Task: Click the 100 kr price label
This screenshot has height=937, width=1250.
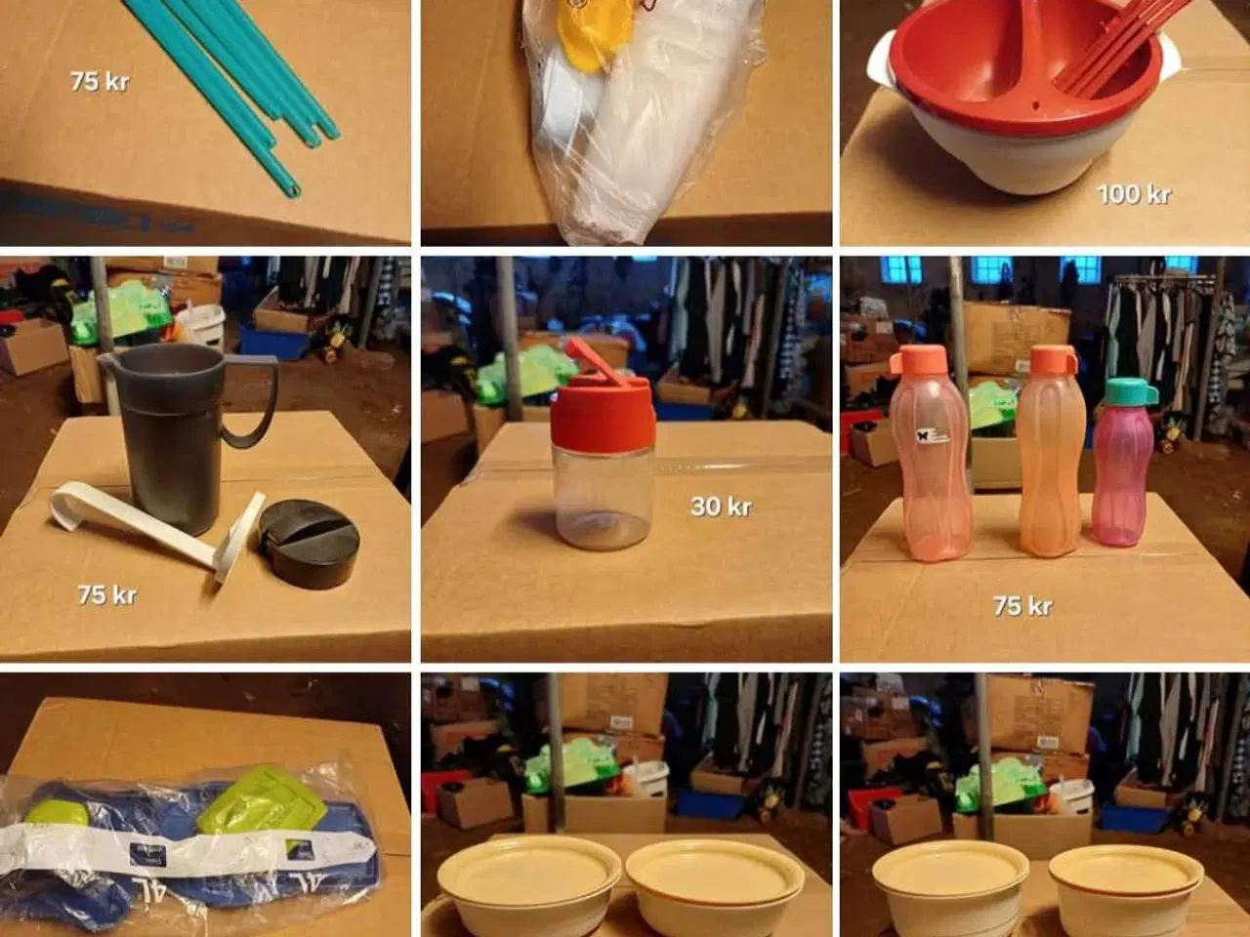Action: coord(1133,193)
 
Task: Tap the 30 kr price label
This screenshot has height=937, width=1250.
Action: coord(720,506)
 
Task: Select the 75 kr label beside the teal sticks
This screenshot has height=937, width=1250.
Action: coord(100,81)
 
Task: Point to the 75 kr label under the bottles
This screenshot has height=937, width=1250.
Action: coord(1022,605)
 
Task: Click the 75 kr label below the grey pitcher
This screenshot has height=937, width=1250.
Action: coord(106,593)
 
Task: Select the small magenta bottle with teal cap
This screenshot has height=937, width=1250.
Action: coord(1123,473)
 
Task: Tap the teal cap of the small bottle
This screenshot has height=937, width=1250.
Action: coord(1130,392)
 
